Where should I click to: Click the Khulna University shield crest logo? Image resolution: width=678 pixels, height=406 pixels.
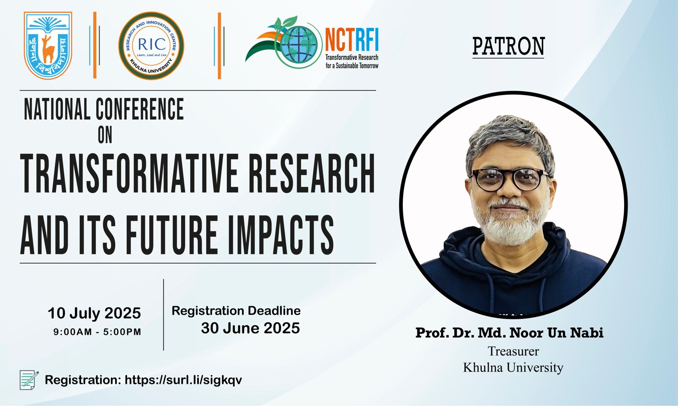[48, 45]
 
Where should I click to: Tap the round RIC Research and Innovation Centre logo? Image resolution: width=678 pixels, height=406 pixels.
[151, 46]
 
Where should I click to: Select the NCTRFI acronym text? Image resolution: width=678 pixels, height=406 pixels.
[352, 40]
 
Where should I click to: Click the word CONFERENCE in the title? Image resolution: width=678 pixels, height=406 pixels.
[140, 109]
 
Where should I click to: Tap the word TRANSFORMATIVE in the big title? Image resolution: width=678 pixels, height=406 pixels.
[129, 173]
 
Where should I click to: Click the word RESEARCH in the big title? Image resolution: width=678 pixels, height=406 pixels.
[312, 173]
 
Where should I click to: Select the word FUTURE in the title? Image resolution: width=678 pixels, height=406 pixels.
[171, 235]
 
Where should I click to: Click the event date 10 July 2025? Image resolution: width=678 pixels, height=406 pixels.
[94, 313]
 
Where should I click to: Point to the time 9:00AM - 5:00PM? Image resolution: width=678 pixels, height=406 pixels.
[97, 331]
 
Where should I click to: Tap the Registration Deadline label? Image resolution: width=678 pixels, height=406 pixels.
[236, 311]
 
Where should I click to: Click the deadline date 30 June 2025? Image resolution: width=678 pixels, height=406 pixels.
[250, 328]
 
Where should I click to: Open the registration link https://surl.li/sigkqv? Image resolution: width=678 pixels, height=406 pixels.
[183, 380]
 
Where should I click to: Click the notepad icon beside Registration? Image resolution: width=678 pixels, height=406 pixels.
[29, 380]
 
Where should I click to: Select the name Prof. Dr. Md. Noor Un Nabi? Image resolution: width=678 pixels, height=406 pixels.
[509, 332]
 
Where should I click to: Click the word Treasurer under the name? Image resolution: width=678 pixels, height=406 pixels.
[513, 351]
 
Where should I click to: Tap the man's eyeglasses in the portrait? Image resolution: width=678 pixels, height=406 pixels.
[510, 180]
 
